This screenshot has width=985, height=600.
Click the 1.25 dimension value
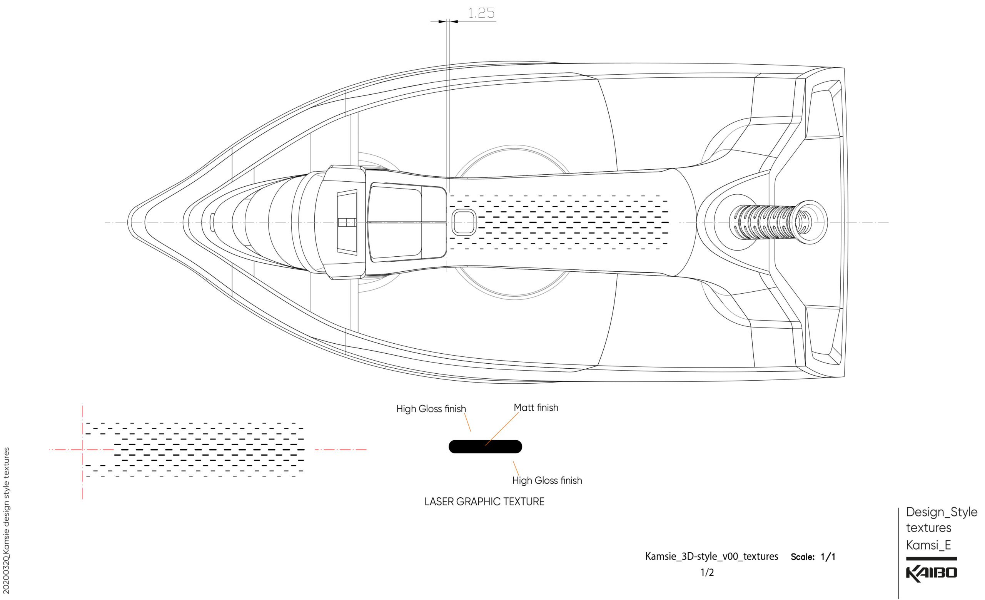coord(481,13)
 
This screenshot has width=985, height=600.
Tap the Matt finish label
coord(536,408)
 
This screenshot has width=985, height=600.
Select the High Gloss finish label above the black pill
coord(431,409)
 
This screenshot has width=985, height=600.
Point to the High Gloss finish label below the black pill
coord(547,480)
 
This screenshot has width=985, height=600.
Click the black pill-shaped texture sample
coord(485,446)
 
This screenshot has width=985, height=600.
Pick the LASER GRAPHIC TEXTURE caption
coord(484,501)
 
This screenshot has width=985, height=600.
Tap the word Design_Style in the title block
coord(942,512)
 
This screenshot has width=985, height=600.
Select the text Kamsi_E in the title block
coord(928,545)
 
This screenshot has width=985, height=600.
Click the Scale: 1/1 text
coord(813,557)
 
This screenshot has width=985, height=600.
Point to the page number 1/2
coord(707,572)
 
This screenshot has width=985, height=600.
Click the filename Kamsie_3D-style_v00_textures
coord(711,557)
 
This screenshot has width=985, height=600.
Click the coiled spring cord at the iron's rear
coord(768,222)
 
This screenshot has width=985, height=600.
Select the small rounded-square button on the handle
coord(464,222)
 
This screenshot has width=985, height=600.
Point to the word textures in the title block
coord(928,528)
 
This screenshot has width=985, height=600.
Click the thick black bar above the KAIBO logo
coord(931,559)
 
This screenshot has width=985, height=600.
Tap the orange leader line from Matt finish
coord(502,428)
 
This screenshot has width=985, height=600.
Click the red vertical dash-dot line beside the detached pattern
coord(83,472)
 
